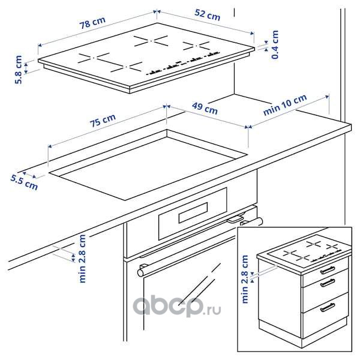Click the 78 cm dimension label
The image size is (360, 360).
[92, 23]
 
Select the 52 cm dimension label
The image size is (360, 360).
[208, 14]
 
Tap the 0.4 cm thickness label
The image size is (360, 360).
[275, 44]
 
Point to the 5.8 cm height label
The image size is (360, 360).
[19, 70]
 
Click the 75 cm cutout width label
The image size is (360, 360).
[103, 121]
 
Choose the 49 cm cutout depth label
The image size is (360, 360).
[205, 109]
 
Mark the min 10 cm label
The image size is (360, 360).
[285, 104]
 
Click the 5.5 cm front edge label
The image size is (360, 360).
[24, 182]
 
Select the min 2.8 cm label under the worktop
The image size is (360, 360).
[82, 259]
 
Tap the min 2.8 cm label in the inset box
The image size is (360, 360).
[245, 279]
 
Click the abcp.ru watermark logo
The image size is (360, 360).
[177, 306]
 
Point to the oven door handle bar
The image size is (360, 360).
[200, 247]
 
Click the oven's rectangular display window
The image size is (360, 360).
[193, 212]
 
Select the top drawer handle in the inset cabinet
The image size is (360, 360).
[328, 269]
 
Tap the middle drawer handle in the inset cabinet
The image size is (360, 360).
[328, 283]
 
